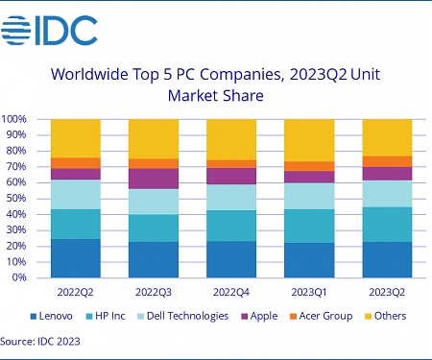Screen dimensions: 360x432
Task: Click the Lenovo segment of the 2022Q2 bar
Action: point(75,257)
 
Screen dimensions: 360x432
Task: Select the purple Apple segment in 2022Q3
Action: point(153,179)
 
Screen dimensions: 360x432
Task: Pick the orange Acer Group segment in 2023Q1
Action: point(308,166)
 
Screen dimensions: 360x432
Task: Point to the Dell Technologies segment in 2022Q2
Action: point(75,195)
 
